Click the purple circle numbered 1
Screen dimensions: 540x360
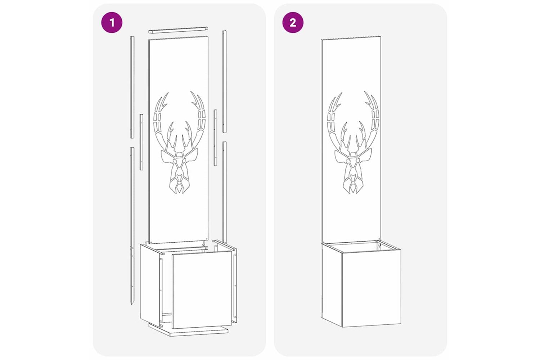[x=112, y=23]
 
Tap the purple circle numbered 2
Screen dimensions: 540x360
[x=293, y=23]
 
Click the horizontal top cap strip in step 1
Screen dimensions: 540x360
[x=178, y=30]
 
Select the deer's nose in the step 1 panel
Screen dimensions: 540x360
[x=179, y=178]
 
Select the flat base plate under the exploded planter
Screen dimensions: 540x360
[x=188, y=330]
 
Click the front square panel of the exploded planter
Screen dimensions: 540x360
[x=202, y=289]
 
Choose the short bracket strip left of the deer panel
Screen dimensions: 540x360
[x=141, y=142]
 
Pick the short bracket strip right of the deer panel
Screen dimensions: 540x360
[x=215, y=138]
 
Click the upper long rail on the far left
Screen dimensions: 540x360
[x=132, y=87]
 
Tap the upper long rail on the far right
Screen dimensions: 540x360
[x=224, y=81]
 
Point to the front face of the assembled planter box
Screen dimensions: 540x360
[x=371, y=288]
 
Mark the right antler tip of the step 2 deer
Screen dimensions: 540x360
[x=365, y=93]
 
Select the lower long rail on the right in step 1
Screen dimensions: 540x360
[x=224, y=192]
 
